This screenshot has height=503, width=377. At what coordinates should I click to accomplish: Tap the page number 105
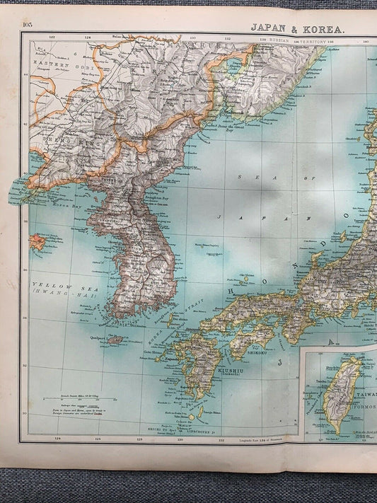tap(28, 25)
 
